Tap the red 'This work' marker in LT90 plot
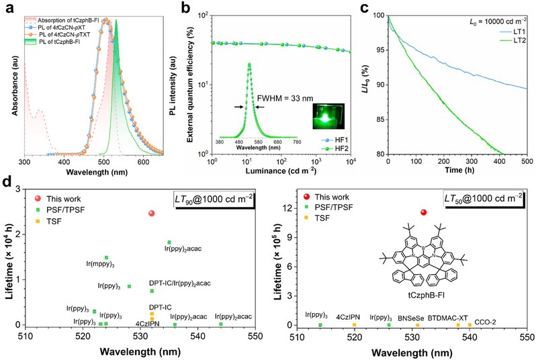[152, 213]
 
